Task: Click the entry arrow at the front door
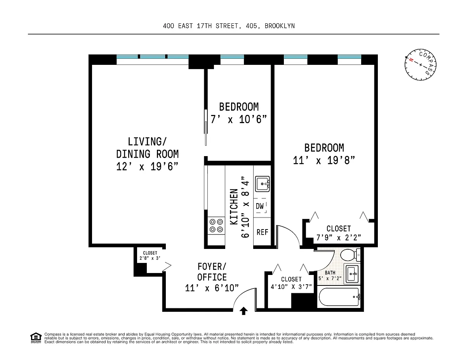coord(243,311)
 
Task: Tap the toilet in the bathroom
coord(350,255)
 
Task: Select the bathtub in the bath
coord(339,297)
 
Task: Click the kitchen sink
coord(262,184)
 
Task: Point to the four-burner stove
coord(216,226)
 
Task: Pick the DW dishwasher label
coord(259,206)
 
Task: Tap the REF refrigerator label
coord(262,232)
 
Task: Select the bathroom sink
coord(352,274)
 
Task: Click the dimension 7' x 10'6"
coord(238,120)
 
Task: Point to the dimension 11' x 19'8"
coord(324,160)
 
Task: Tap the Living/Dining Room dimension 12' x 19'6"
coord(147,166)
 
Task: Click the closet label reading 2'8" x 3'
coord(150,258)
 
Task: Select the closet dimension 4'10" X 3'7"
coord(291,287)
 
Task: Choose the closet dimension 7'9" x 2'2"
coord(339,238)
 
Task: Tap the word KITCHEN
coord(234,207)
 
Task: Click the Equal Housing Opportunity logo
coord(36,338)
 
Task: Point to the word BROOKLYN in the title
coord(280,26)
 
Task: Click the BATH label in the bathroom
coord(330,273)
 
